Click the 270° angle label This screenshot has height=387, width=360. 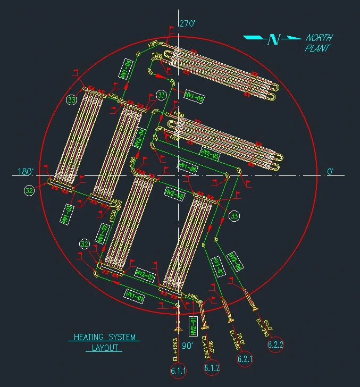[187, 24]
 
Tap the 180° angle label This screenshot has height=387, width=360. [26, 172]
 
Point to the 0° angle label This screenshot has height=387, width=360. [330, 172]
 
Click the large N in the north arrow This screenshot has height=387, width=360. [274, 39]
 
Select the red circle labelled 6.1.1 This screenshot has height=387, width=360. [178, 371]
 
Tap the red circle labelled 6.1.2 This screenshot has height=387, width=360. [212, 367]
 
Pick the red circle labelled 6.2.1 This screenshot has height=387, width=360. [245, 360]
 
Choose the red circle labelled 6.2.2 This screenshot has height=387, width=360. [275, 345]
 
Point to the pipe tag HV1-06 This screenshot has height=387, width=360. [188, 166]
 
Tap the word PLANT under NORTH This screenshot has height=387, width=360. [318, 48]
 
